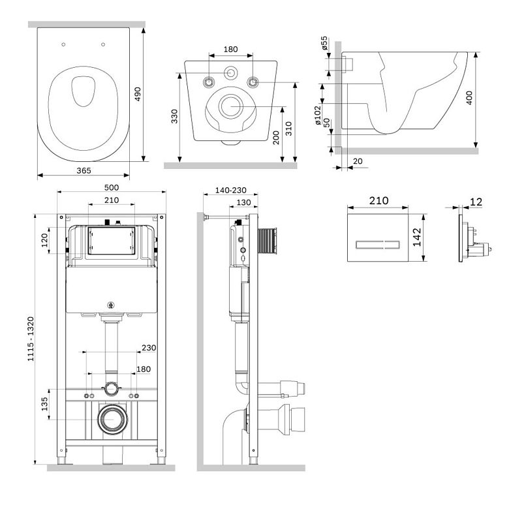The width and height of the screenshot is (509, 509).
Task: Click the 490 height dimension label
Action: pyautogui.click(x=138, y=94)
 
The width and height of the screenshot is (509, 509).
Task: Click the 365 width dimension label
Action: pyautogui.click(x=84, y=171)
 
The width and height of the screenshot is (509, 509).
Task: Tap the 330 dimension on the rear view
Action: pyautogui.click(x=175, y=117)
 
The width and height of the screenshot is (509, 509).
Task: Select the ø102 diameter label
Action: pyautogui.click(x=318, y=116)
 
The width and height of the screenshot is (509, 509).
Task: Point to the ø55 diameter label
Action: pyautogui.click(x=324, y=43)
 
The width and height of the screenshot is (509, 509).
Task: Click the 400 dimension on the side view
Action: pyautogui.click(x=469, y=98)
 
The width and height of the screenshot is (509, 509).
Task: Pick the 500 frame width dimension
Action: pyautogui.click(x=112, y=188)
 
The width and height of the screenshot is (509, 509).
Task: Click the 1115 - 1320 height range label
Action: pyautogui.click(x=31, y=339)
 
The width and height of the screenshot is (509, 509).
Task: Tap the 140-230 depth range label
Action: pyautogui.click(x=231, y=191)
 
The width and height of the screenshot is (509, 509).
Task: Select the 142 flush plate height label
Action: pyautogui.click(x=417, y=238)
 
